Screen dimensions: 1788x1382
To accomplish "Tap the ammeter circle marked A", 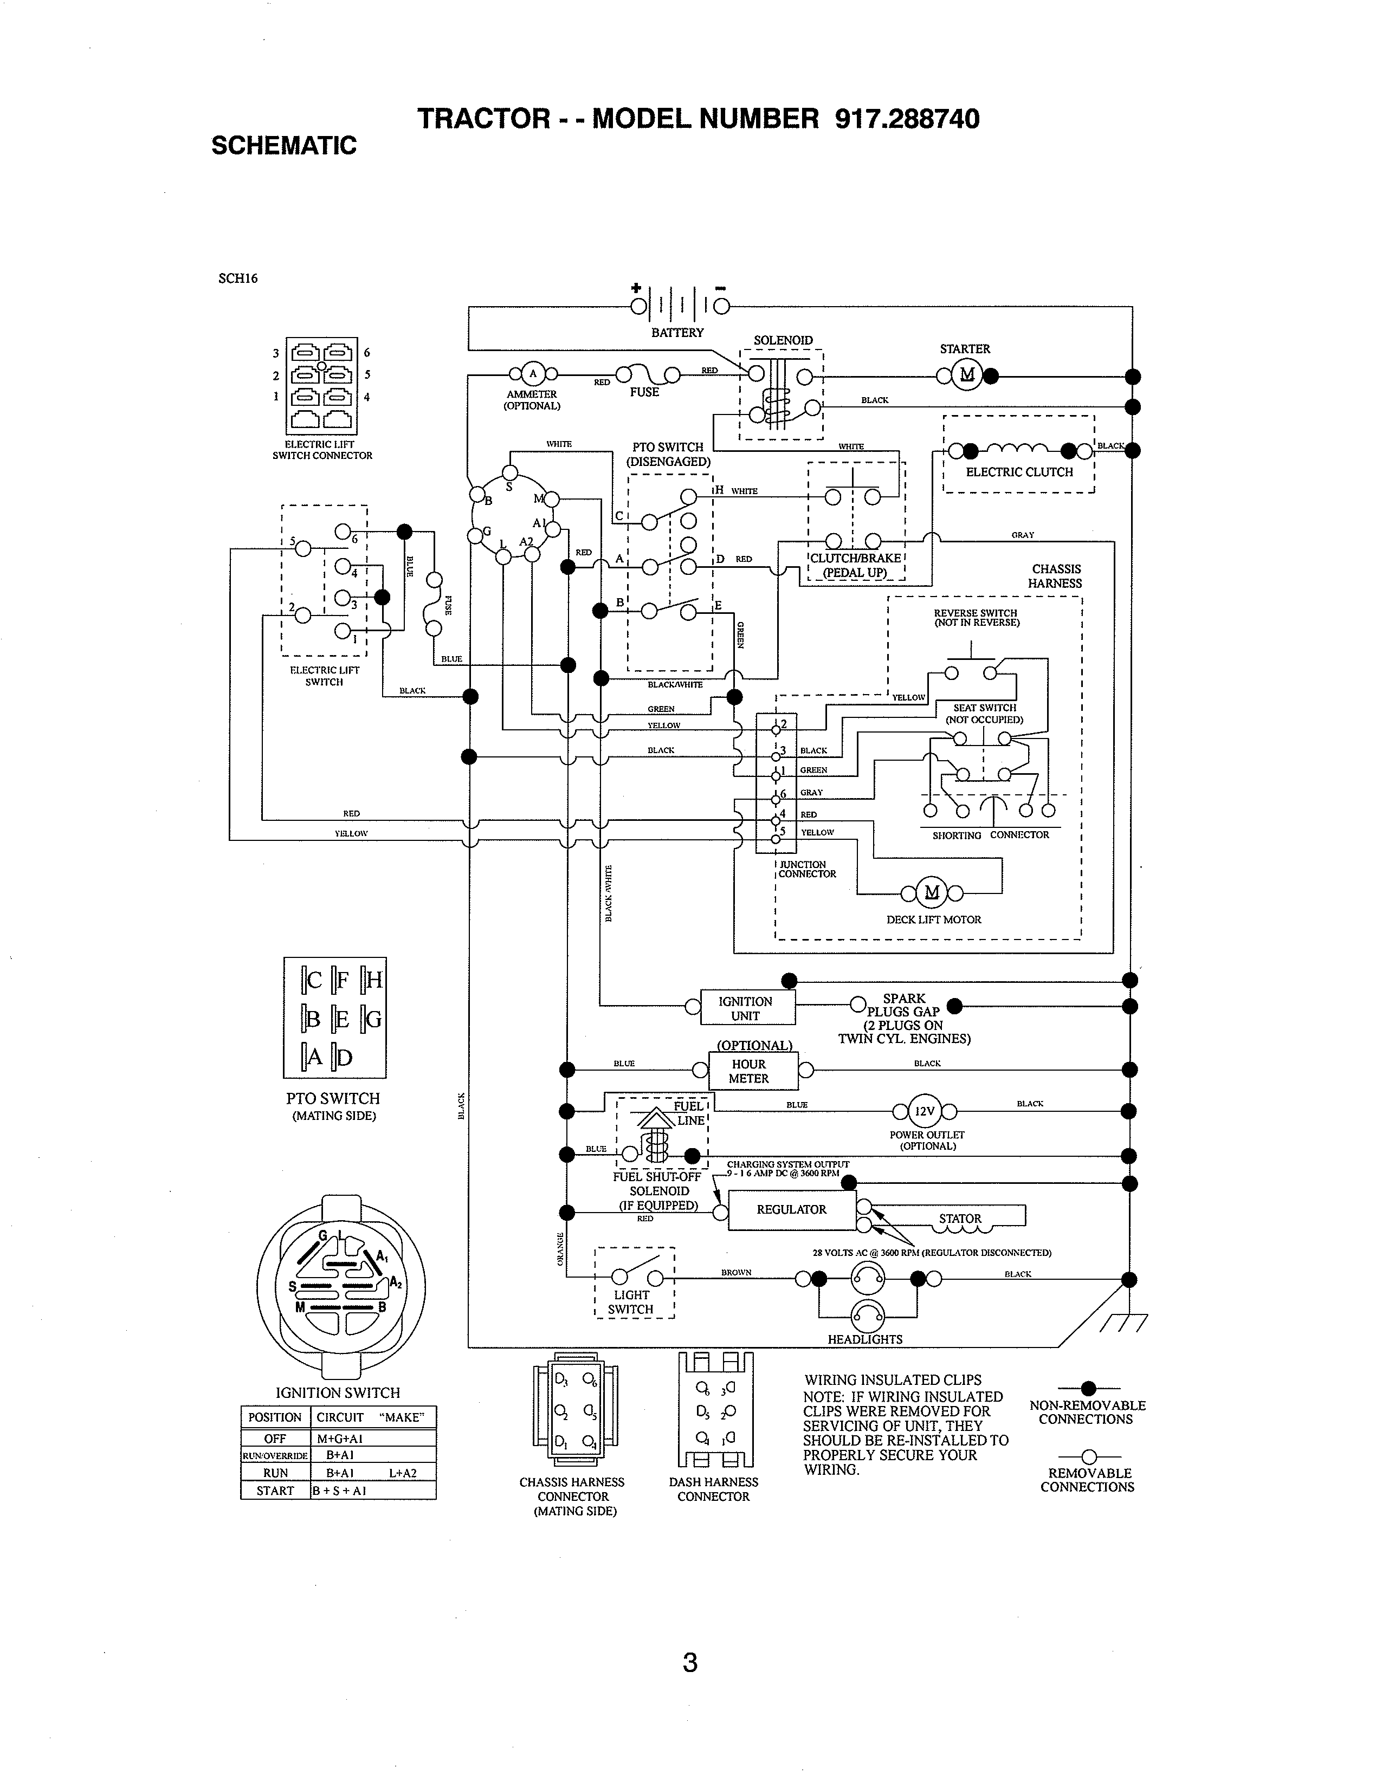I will [x=533, y=374].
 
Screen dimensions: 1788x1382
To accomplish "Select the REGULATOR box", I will [x=791, y=1209].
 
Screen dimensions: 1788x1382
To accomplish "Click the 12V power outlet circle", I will [x=925, y=1111].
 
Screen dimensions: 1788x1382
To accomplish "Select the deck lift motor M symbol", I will [x=932, y=892].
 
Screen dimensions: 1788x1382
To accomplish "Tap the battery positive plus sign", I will [x=635, y=287].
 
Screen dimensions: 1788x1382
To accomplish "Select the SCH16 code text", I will [x=237, y=278].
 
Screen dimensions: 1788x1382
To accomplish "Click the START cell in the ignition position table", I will [x=275, y=1491].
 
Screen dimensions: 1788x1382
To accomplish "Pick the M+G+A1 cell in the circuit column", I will [x=339, y=1439].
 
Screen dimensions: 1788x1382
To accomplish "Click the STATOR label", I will [x=959, y=1218].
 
